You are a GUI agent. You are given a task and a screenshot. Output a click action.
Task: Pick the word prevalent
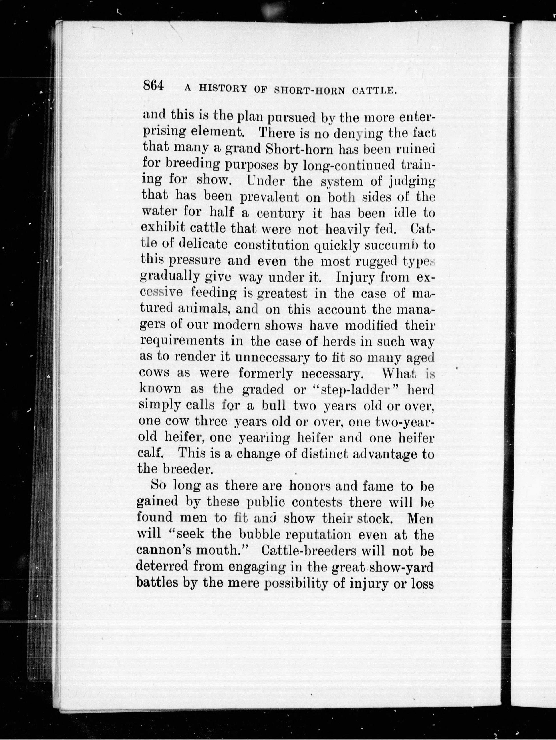(x=270, y=197)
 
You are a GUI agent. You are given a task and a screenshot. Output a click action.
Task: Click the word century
(x=276, y=213)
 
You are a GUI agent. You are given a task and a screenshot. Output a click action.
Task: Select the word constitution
(x=272, y=245)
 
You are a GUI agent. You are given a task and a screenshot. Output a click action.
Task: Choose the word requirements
(x=182, y=341)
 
